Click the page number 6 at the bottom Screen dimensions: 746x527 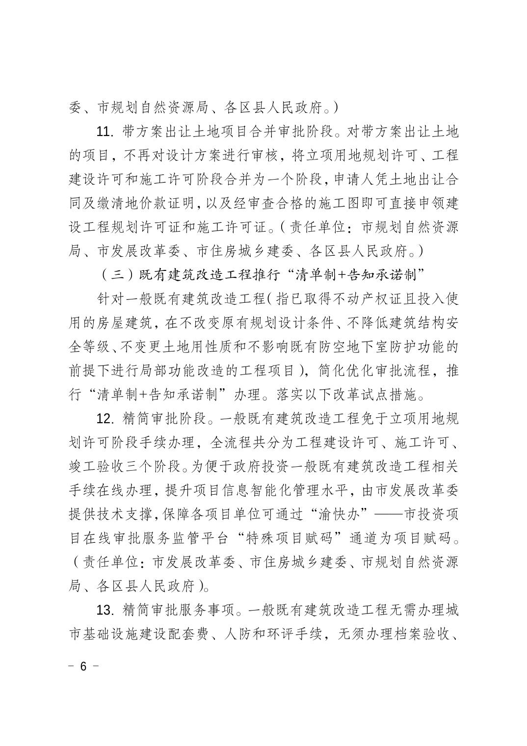(x=83, y=666)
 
